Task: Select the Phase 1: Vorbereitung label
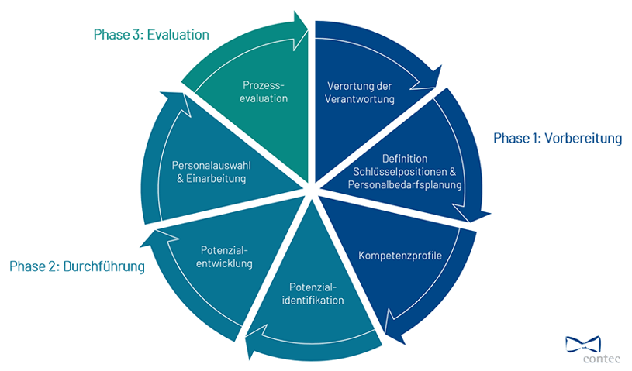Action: point(558,139)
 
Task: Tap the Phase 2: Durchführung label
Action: point(77,266)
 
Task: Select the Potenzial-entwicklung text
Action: point(223,256)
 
